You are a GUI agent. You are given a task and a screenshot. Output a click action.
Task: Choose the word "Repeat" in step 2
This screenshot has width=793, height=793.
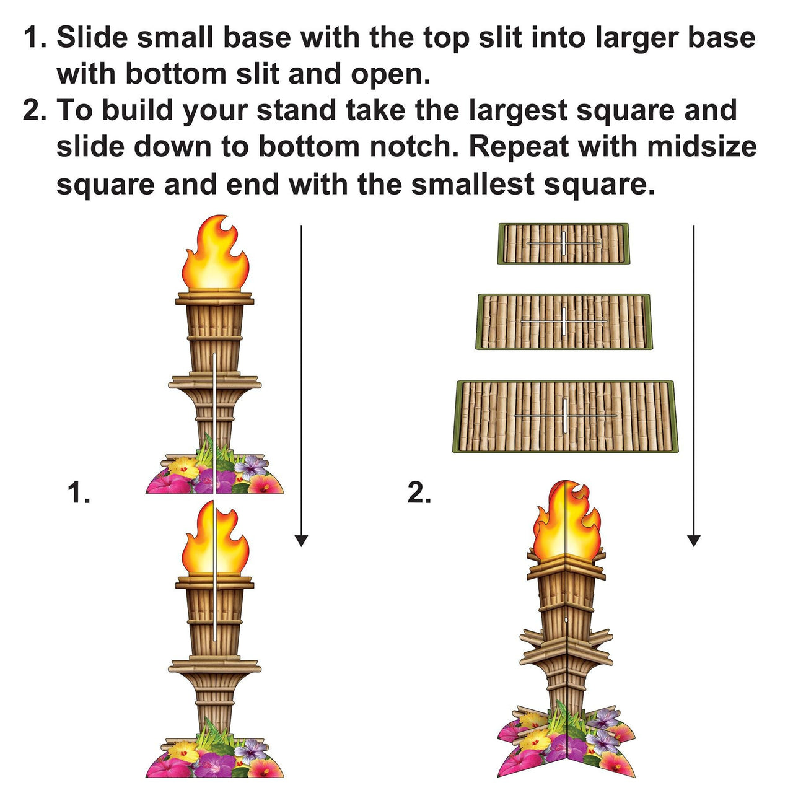[x=519, y=147]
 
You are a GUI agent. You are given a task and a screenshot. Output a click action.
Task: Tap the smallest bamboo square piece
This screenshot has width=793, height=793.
[x=563, y=243]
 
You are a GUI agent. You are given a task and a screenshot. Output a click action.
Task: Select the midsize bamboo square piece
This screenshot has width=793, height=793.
[x=564, y=322]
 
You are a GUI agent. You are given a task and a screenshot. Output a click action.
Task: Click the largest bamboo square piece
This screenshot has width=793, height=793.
[x=565, y=416]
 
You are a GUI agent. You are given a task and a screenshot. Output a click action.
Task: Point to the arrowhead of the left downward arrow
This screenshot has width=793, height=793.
[x=301, y=540]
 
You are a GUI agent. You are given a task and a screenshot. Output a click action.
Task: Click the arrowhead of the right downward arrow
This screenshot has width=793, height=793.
[x=694, y=540]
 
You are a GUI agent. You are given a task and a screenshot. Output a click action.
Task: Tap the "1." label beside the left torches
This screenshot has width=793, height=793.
[x=79, y=494]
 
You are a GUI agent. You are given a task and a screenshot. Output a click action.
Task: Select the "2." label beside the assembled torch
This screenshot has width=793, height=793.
[x=419, y=494]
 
